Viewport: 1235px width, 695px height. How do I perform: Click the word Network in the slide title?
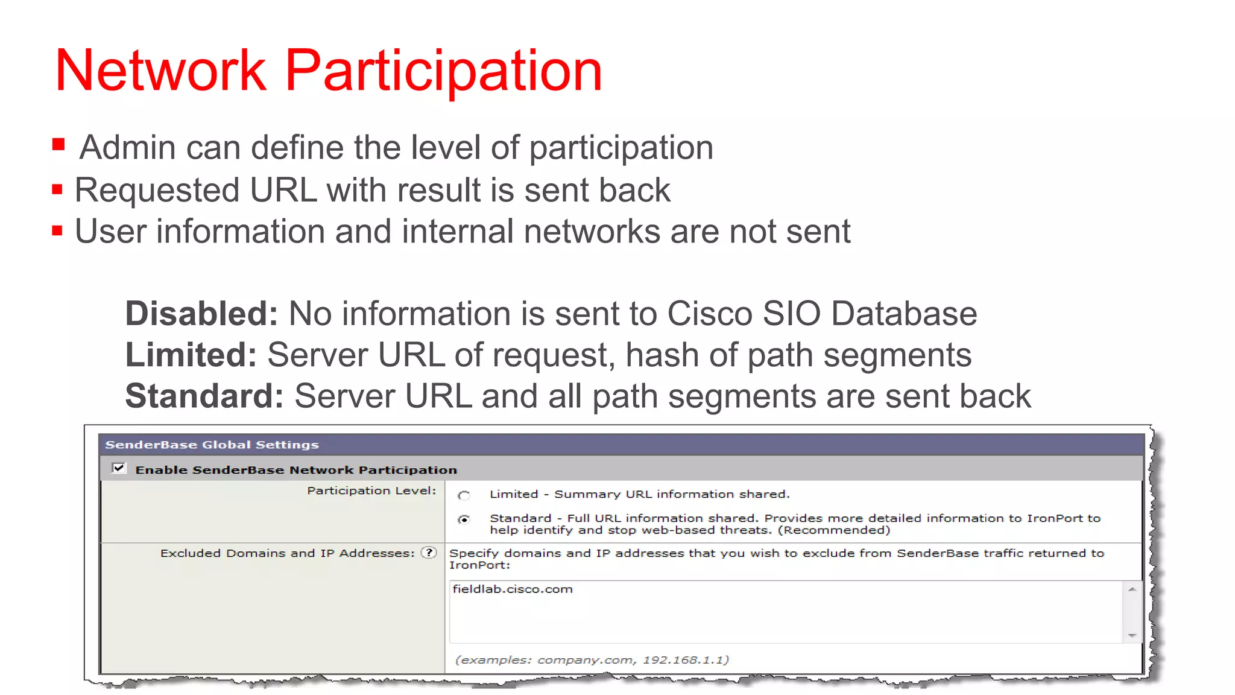pos(160,71)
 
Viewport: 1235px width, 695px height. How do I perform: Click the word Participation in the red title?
pos(443,71)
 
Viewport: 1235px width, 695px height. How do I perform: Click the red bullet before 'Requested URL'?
pos(57,190)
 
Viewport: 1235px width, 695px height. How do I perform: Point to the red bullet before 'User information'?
pos(57,231)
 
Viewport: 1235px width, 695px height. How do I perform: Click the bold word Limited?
pos(191,355)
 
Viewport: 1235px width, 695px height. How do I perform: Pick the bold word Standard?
pos(204,396)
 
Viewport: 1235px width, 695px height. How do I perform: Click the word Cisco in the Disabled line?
pos(709,314)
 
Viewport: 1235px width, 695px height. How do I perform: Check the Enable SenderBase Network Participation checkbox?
pos(119,468)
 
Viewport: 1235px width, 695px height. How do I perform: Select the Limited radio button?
pos(464,495)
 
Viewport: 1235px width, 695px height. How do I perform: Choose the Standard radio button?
pos(464,519)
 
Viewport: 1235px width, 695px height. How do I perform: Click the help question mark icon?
pos(429,553)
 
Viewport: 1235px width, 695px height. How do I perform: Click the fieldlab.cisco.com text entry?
pos(513,589)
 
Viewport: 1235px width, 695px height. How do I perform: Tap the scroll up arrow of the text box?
pos(1132,589)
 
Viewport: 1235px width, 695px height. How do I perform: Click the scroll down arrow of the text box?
pos(1132,635)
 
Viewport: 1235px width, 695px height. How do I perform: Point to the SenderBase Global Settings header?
pos(212,445)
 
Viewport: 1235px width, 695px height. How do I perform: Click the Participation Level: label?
pos(371,490)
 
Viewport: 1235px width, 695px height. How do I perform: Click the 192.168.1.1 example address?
pos(685,660)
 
